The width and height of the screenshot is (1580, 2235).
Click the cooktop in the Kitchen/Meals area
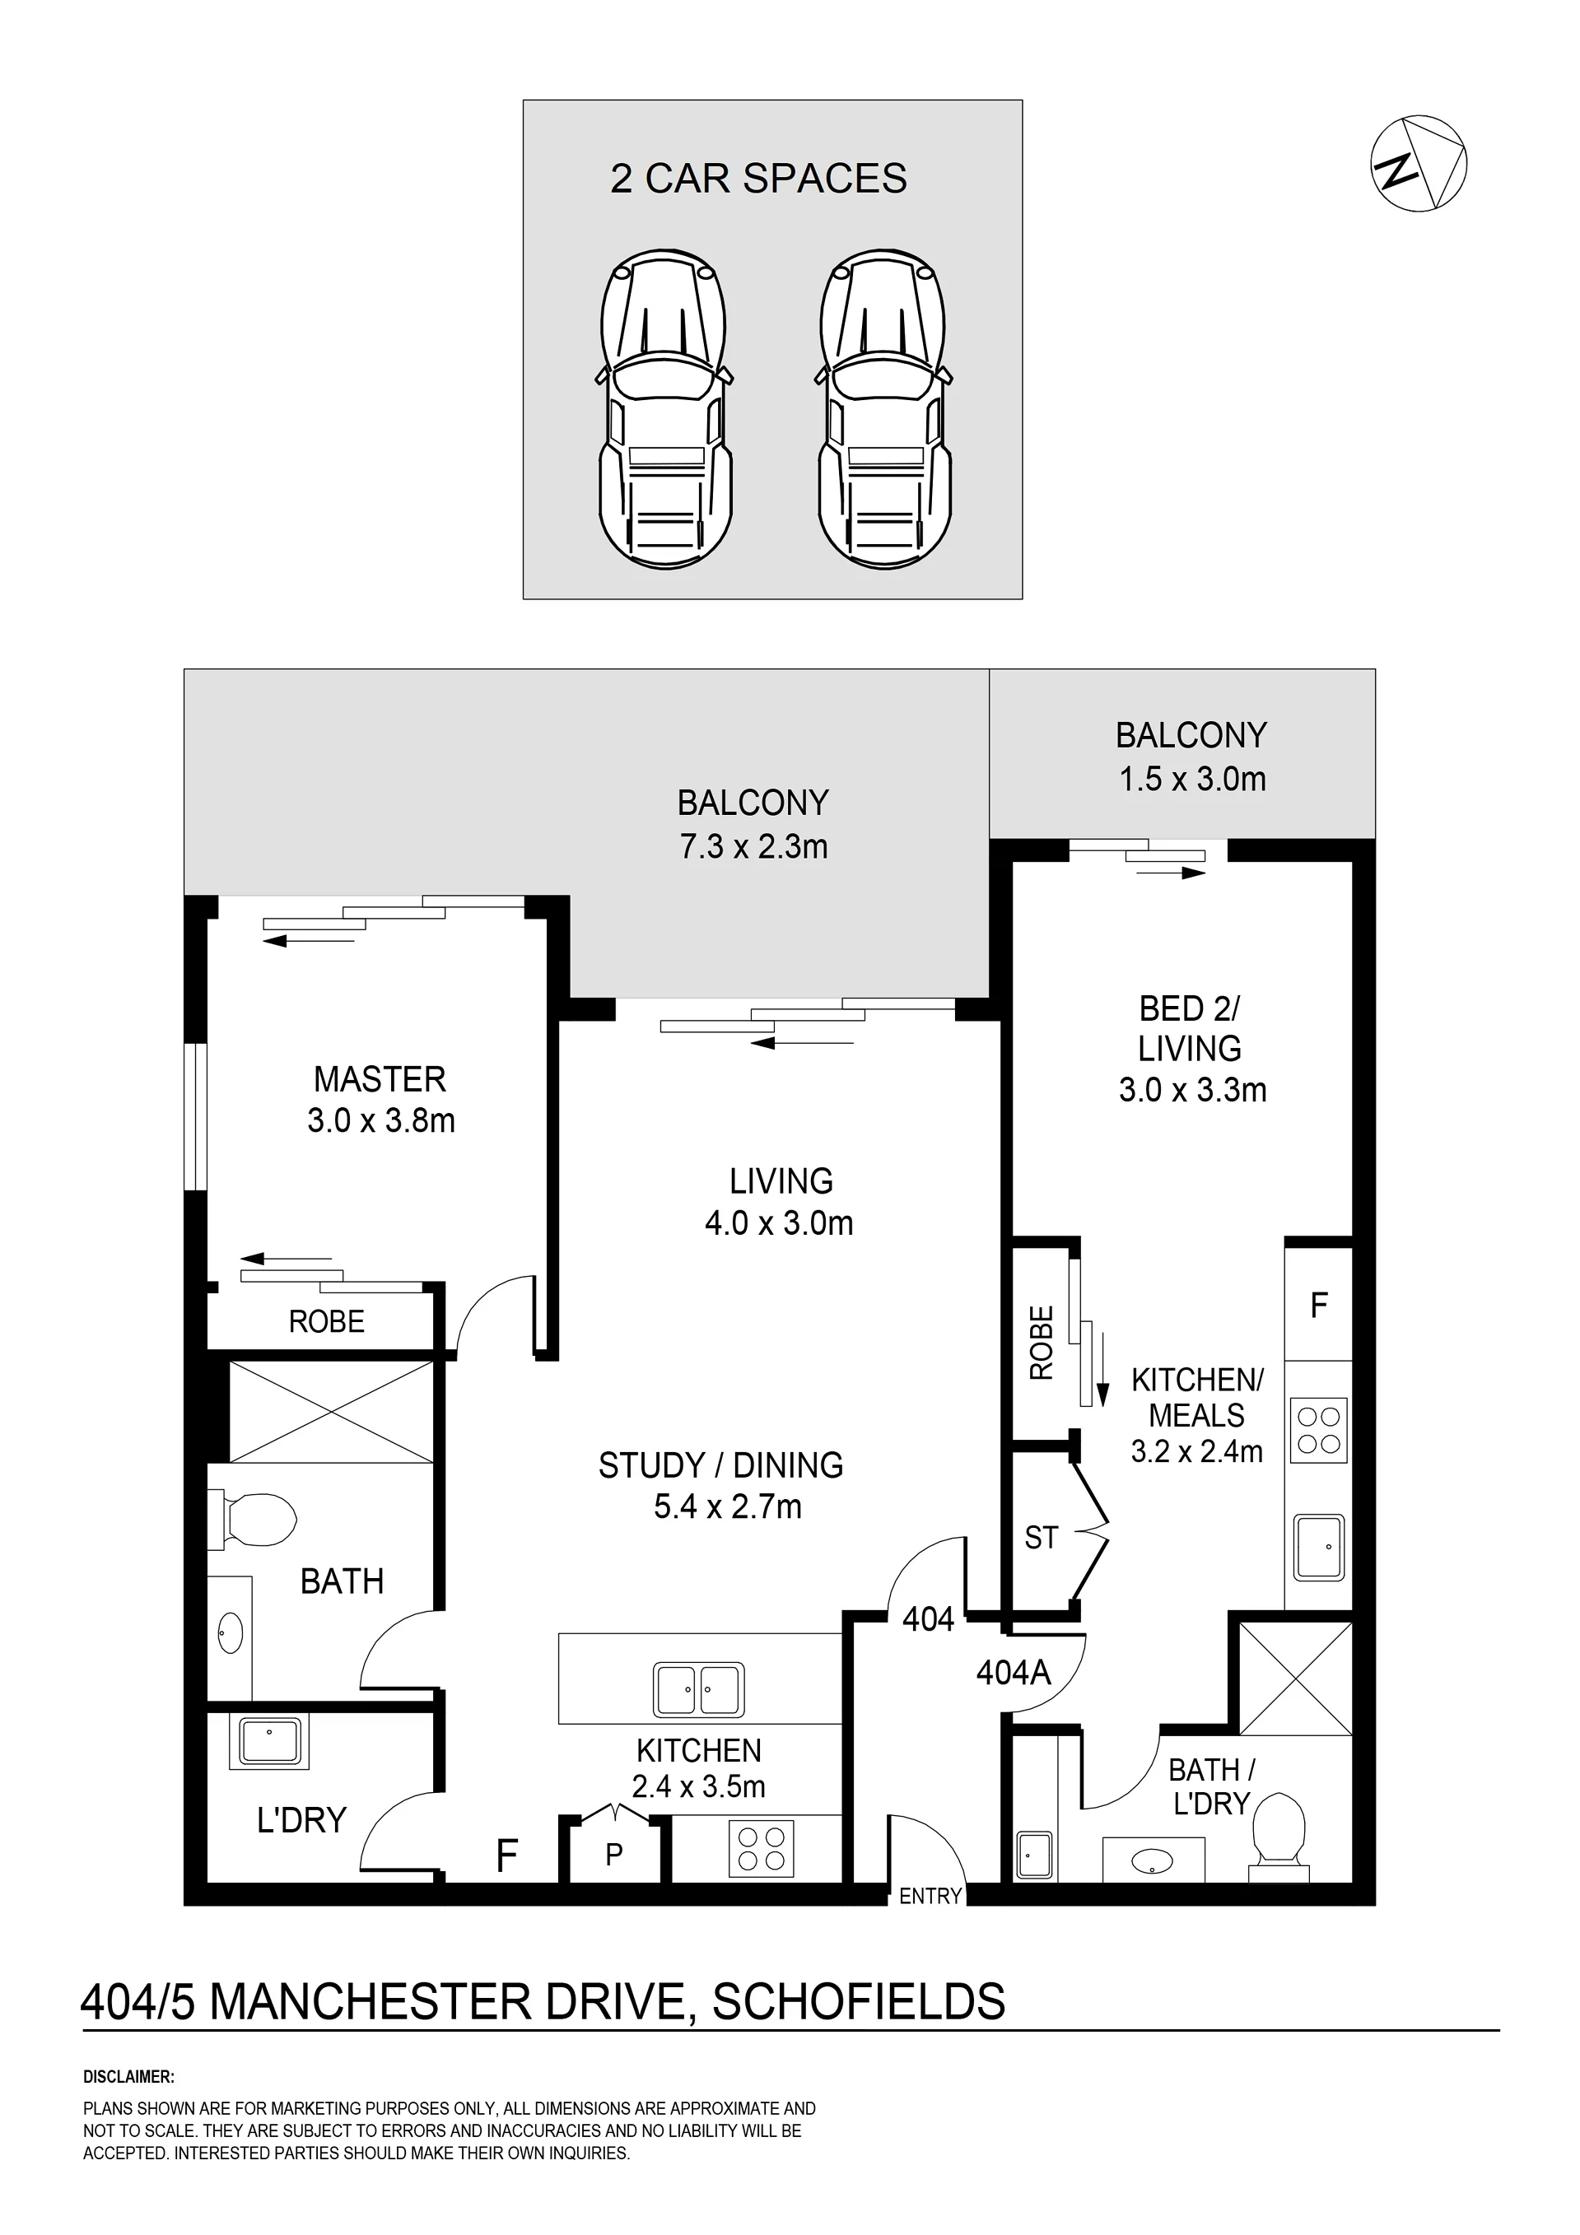point(1319,1430)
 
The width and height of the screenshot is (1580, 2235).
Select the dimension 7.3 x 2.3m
point(753,847)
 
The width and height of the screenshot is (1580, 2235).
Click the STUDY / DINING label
point(720,1465)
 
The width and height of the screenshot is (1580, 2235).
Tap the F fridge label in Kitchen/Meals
point(1319,1305)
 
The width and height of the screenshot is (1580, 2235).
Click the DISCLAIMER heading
point(128,2077)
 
